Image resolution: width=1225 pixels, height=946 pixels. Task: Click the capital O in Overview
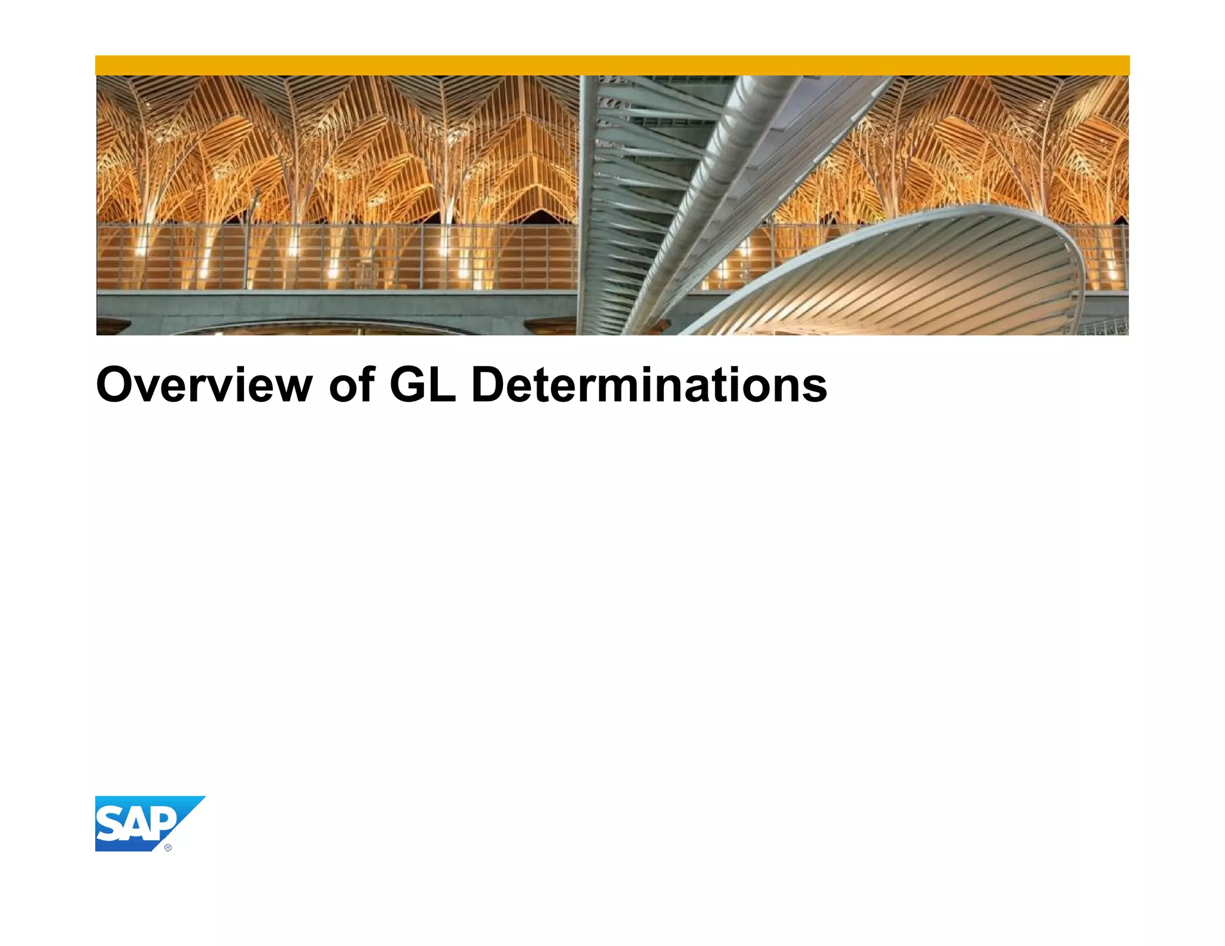(x=116, y=385)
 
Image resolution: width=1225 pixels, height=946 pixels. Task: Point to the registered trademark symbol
(x=168, y=847)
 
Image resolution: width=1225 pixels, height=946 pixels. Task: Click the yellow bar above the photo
(x=612, y=65)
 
